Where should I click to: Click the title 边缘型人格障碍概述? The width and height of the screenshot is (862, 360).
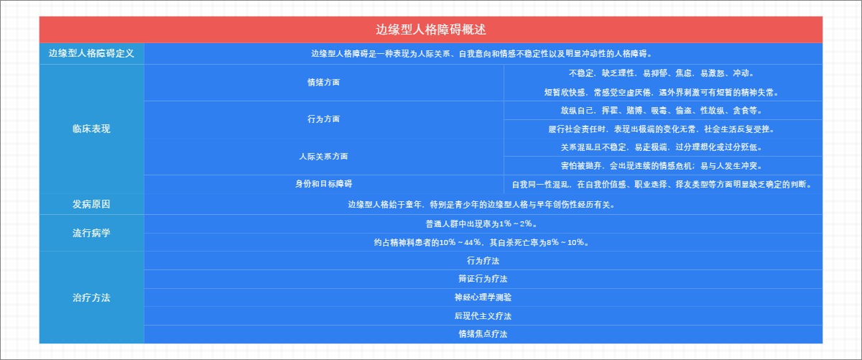[x=430, y=30]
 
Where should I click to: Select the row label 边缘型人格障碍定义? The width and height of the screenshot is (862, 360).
[x=91, y=53]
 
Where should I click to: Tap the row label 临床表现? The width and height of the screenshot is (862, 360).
[x=91, y=129]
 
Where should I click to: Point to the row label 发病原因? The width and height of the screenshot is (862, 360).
[x=91, y=204]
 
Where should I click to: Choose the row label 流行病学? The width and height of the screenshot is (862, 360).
[x=91, y=233]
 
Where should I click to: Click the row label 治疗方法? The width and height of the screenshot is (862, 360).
[x=91, y=297]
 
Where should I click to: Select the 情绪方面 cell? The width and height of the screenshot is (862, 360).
[x=323, y=82]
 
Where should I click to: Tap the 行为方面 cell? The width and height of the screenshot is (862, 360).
[x=323, y=119]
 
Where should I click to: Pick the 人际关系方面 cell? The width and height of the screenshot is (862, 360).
[x=323, y=156]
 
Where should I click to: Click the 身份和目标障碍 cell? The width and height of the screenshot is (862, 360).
[x=323, y=183]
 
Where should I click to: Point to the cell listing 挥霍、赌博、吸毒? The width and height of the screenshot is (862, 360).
[x=662, y=111]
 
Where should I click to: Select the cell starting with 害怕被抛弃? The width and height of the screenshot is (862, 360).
[x=662, y=165]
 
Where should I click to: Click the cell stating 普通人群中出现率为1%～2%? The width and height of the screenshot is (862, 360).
[x=482, y=223]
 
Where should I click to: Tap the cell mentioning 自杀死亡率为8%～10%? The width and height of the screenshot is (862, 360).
[x=482, y=242]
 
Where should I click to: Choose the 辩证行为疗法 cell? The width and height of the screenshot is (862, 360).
[x=482, y=279]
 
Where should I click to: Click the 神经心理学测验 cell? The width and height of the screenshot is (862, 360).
[x=482, y=297]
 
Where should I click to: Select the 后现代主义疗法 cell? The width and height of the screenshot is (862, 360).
[x=482, y=315]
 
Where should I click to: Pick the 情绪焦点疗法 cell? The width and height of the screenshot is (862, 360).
[x=482, y=334]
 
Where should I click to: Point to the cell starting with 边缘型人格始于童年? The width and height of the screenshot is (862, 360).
[x=482, y=204]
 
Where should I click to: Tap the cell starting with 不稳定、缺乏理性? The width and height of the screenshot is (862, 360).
[x=662, y=73]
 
